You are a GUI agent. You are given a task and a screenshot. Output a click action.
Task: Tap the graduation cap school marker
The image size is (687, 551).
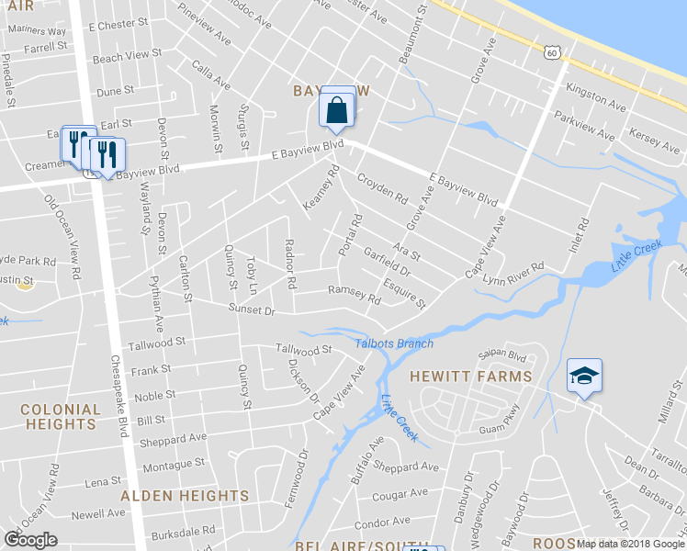pos(583,376)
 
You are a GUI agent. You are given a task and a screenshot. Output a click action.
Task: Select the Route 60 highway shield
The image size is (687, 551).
pos(550,53)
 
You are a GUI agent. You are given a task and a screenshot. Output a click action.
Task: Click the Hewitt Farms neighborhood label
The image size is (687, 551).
pos(470,377)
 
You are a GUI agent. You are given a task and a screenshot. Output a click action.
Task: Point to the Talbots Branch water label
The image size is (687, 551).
pos(394,343)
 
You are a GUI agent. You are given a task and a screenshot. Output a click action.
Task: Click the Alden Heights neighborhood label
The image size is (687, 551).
pos(185,496)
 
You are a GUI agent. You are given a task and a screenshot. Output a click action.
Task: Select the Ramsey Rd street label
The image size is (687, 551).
pos(354,295)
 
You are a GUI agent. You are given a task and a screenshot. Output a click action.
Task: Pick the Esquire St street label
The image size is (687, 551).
pos(404,293)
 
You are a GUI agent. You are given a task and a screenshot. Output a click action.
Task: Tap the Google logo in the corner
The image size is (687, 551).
pos(30,539)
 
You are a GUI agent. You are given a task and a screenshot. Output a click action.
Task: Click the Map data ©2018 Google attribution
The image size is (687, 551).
pos(631,544)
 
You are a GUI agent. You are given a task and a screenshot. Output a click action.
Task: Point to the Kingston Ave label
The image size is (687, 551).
pos(596,95)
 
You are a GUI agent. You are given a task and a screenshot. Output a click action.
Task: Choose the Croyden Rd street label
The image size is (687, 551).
pos(381,188)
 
